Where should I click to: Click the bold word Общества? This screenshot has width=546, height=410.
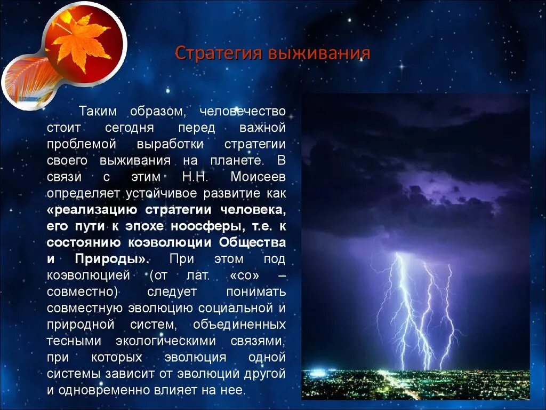(x=252, y=242)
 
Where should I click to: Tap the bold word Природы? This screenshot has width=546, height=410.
(x=118, y=259)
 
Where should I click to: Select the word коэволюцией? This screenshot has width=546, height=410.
(x=89, y=275)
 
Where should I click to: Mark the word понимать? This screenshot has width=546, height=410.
(x=256, y=292)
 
